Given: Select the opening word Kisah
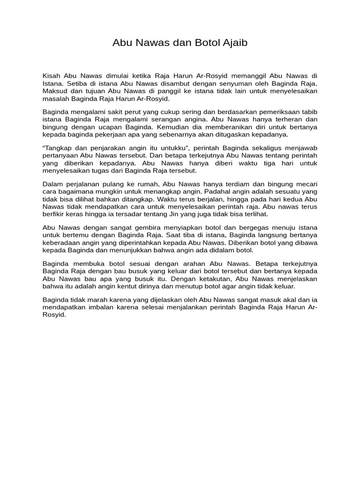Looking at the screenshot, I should (x=52, y=76).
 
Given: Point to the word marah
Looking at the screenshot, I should (x=101, y=300).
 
